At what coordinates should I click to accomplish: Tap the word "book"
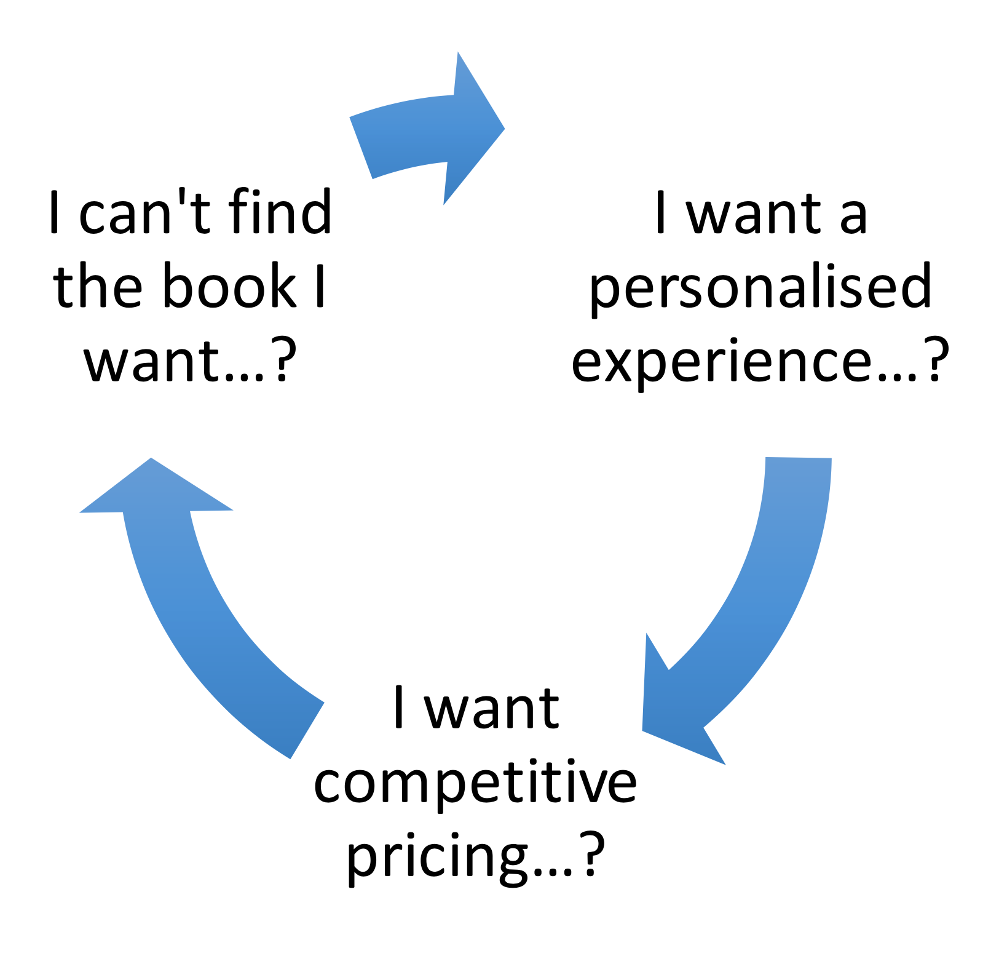pyautogui.click(x=231, y=286)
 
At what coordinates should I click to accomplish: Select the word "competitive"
pyautogui.click(x=475, y=783)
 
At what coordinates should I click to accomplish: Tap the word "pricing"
pyautogui.click(x=436, y=856)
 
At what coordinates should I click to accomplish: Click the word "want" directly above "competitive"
pyautogui.click(x=492, y=709)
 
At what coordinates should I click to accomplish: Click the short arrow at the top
pyautogui.click(x=424, y=132)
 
